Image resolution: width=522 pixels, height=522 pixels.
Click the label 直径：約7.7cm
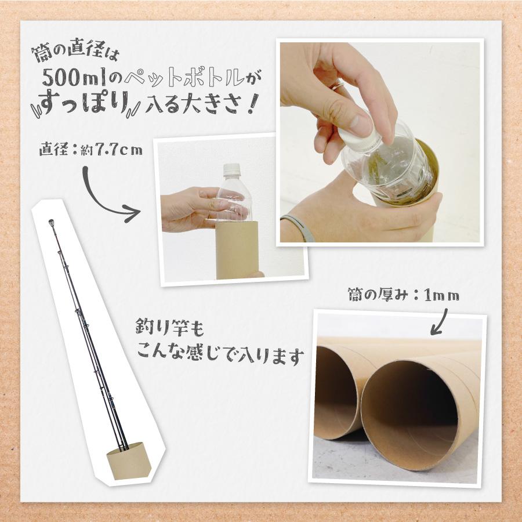[x=90, y=150]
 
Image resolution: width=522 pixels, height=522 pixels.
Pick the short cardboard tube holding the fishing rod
[x=129, y=459]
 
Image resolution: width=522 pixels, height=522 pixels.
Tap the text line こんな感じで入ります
[x=220, y=355]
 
